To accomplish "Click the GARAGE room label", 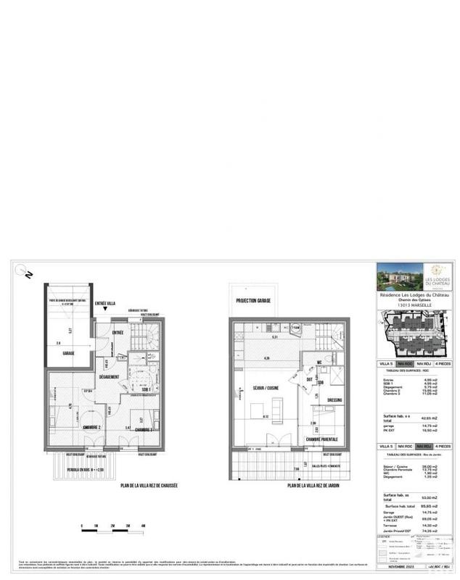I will pos(69,353).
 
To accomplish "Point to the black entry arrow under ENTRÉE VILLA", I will pos(106,310).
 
